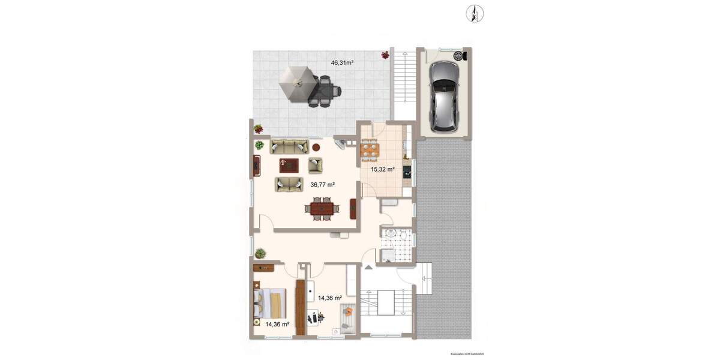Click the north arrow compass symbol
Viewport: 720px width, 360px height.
pos(475,13)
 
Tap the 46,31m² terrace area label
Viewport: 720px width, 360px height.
pos(342,62)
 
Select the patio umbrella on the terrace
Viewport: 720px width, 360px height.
pos(295,83)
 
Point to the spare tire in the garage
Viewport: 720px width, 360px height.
pos(459,56)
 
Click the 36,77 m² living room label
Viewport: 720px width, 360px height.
pos(322,185)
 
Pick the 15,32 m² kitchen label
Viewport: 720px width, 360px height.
pos(382,169)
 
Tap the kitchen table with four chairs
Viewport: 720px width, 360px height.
pos(369,148)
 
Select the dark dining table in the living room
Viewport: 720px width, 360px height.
pos(322,209)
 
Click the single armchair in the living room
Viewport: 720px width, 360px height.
pos(315,164)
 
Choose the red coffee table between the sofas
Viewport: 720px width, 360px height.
pos(290,163)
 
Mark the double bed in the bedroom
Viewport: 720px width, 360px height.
pos(270,303)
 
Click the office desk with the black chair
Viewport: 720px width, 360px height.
pos(314,316)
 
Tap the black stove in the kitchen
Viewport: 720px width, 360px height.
pos(408,172)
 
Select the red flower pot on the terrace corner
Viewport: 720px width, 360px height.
pos(385,55)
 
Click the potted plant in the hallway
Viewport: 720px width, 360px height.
pos(260,253)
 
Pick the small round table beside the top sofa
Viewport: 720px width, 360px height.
pos(316,147)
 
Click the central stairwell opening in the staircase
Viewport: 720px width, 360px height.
pos(385,302)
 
